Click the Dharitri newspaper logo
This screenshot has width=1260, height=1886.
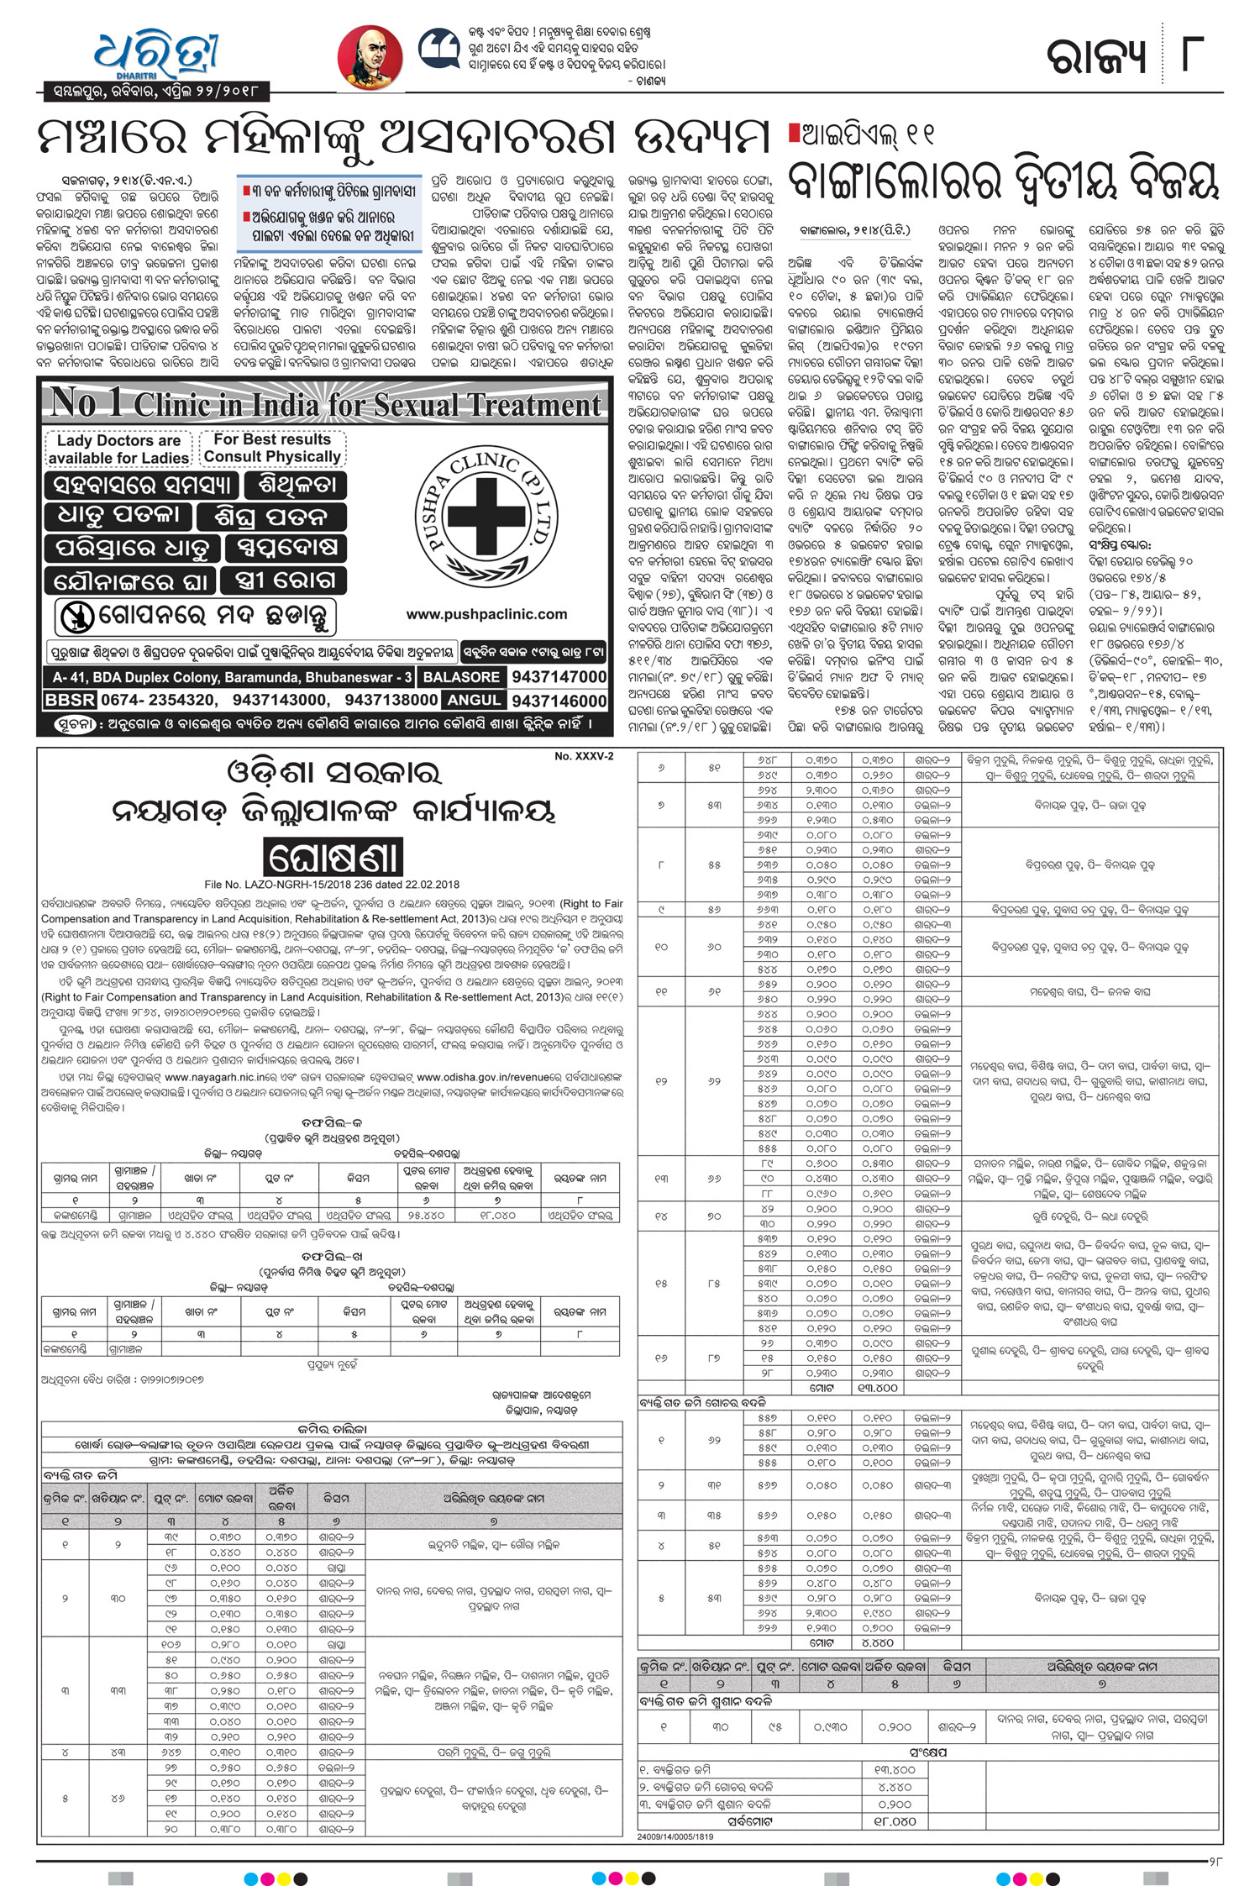pyautogui.click(x=156, y=54)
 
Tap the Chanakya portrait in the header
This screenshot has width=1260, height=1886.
pyautogui.click(x=370, y=58)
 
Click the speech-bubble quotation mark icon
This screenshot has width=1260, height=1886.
pyautogui.click(x=438, y=49)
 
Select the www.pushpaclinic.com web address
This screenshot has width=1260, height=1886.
pyautogui.click(x=486, y=614)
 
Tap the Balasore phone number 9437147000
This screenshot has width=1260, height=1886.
pyautogui.click(x=559, y=676)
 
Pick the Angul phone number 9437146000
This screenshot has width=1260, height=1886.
pyautogui.click(x=559, y=701)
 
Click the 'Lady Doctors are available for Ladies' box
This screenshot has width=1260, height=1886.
pyautogui.click(x=118, y=449)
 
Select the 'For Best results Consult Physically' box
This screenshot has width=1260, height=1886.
pyautogui.click(x=272, y=448)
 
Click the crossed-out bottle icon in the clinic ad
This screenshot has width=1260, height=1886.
pyautogui.click(x=76, y=618)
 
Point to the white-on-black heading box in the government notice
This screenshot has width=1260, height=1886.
pyautogui.click(x=333, y=858)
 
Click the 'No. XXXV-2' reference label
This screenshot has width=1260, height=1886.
pyautogui.click(x=584, y=756)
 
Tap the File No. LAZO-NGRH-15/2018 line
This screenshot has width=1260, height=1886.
pyautogui.click(x=332, y=885)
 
